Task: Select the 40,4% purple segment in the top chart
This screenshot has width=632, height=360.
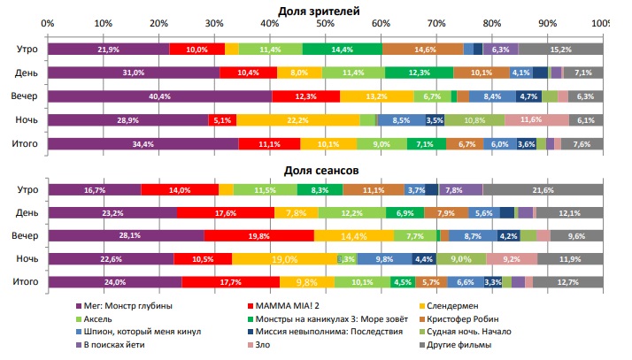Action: (x=159, y=96)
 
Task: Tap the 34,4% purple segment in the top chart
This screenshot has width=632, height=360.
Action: (x=143, y=142)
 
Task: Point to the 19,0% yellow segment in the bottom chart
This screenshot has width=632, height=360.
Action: (x=284, y=258)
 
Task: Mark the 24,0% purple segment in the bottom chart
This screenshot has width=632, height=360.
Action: (x=114, y=282)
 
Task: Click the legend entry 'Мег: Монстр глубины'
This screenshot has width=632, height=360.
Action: (x=128, y=305)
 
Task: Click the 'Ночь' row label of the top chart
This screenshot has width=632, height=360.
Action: (x=25, y=119)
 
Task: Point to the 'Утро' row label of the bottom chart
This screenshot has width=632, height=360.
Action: (x=25, y=189)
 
